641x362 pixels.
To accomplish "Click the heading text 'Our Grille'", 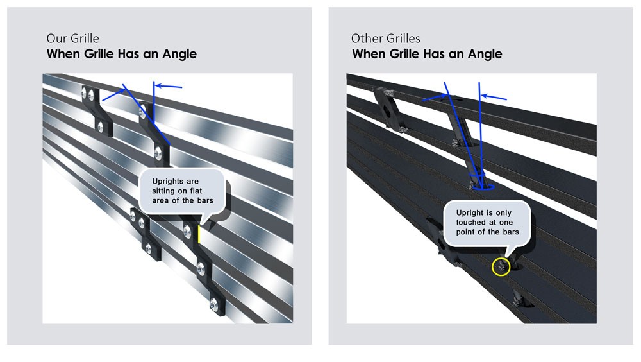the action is point(73,39).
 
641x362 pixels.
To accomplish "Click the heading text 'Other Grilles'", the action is point(385,39).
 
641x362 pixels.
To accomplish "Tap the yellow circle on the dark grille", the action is point(501,267).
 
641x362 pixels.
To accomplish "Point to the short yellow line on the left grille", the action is point(199,234).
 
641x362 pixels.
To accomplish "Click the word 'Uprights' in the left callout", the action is point(167,182).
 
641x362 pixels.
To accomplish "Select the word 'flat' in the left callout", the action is point(196,191).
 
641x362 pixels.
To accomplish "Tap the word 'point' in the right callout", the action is point(466,232).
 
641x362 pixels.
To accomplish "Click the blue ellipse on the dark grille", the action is point(484,187).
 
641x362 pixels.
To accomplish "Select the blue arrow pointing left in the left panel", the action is point(169,87).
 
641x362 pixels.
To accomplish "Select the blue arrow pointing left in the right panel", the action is point(494,97).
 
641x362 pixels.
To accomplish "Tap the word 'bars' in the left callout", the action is point(205,201).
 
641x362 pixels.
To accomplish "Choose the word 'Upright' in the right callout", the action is point(470,213).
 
